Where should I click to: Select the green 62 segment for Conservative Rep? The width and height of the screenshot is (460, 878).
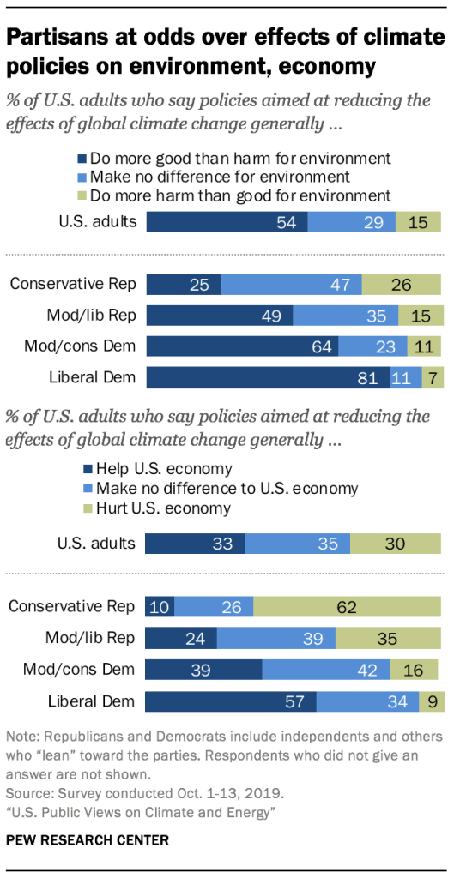pos(348,606)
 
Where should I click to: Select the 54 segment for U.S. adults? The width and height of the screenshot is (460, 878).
pos(227,222)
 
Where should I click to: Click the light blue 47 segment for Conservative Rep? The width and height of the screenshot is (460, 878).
pos(292,285)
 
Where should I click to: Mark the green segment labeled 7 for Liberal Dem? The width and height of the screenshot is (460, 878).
pos(433,377)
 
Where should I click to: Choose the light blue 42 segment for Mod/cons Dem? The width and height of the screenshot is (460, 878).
pos(325,670)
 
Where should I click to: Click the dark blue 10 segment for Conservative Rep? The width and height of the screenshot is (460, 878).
pos(160,606)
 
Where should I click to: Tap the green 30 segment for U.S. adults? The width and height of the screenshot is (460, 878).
pos(396,544)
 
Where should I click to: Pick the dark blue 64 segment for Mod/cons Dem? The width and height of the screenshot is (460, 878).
pos(243,346)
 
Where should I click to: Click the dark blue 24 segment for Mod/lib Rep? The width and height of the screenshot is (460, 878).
pos(181,638)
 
